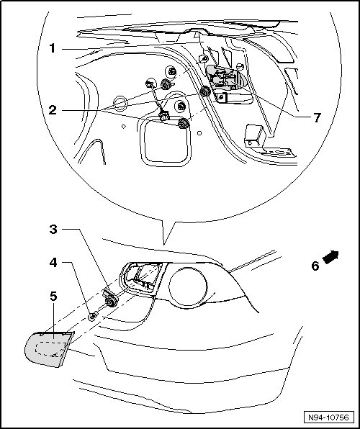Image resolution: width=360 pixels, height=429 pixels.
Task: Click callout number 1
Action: (52, 49)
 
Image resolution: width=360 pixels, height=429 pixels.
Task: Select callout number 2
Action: (53, 110)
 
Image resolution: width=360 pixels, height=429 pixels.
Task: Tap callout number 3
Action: (53, 230)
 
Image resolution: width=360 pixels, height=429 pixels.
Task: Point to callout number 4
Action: (53, 263)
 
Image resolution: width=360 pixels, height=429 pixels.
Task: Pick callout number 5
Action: (53, 297)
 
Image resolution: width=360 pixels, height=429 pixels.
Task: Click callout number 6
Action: (315, 266)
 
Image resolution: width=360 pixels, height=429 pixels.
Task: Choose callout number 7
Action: (317, 118)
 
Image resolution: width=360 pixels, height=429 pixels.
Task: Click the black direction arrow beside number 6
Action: (330, 257)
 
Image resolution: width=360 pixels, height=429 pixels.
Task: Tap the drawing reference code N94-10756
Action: (328, 417)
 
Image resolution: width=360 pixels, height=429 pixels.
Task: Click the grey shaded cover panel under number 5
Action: (49, 349)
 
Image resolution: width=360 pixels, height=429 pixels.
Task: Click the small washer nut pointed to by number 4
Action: (93, 316)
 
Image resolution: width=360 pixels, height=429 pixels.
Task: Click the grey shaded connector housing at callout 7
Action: (225, 79)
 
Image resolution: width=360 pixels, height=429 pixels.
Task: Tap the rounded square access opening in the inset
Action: (166, 143)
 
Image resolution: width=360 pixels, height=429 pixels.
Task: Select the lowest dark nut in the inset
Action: (183, 123)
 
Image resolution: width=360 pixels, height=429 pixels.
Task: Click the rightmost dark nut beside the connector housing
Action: (204, 91)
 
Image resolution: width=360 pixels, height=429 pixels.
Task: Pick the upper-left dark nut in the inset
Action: (166, 84)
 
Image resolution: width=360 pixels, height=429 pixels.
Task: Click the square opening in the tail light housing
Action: (143, 277)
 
